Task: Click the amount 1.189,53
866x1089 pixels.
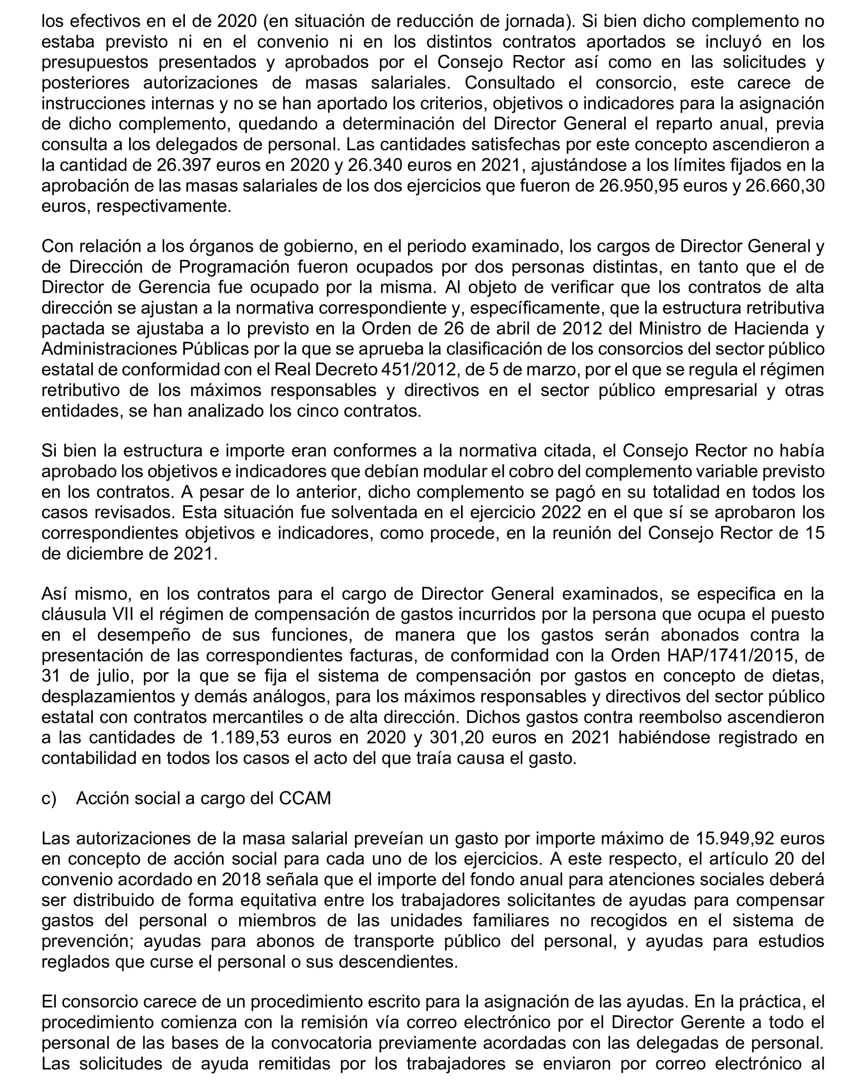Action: pos(242,738)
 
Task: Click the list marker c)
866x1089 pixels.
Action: pos(49,798)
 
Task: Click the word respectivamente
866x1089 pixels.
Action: pos(163,207)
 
